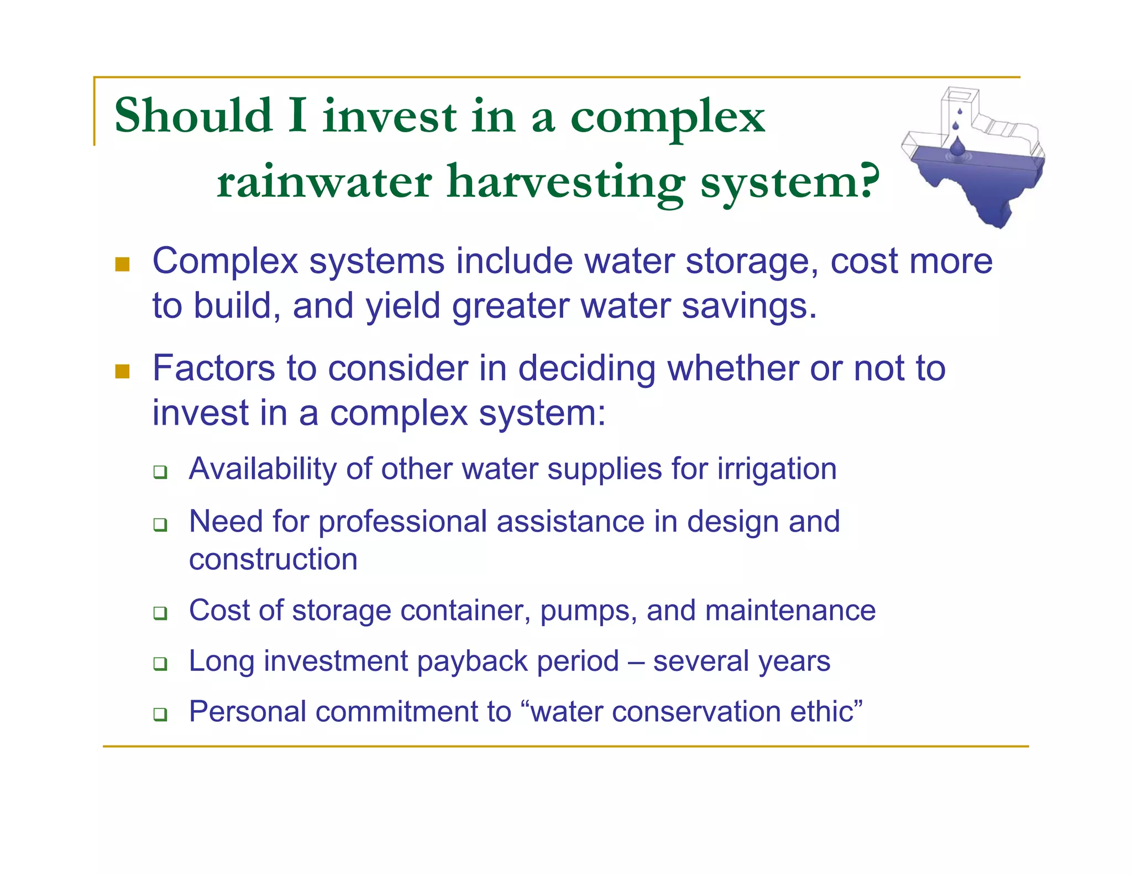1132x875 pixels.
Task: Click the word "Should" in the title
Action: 193,116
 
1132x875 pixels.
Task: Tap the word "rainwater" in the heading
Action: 324,182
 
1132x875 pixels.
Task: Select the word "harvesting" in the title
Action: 565,183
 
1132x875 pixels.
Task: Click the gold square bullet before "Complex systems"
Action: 122,264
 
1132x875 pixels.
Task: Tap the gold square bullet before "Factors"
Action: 122,371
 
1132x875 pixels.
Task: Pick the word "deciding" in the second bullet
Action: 586,369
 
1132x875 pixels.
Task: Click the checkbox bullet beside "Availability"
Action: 160,472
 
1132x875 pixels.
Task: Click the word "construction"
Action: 273,559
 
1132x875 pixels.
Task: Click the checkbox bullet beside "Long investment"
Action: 160,663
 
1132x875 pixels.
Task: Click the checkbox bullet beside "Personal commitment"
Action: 160,714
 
